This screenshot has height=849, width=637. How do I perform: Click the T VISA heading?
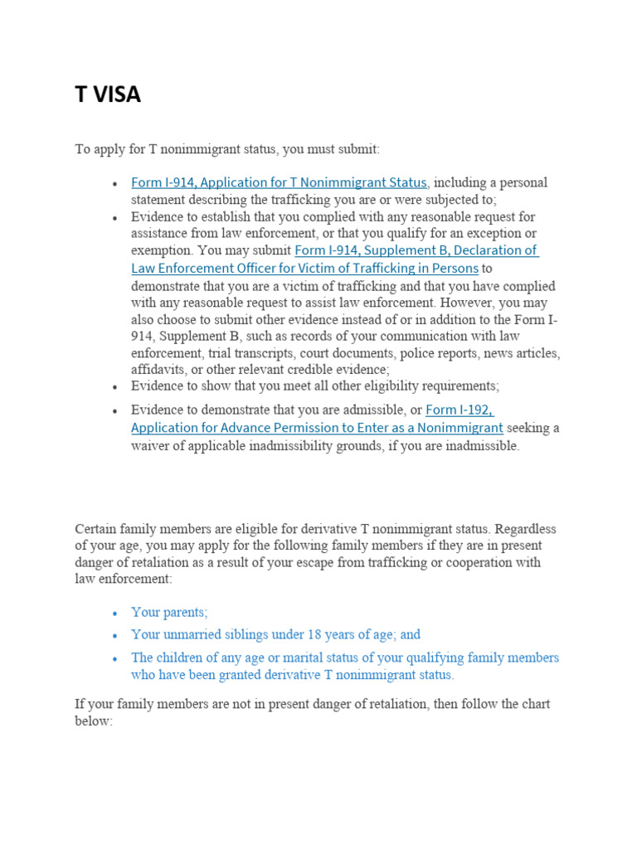108,95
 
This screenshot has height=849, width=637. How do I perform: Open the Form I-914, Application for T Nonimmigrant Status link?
279,182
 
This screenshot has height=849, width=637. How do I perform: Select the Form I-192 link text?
460,410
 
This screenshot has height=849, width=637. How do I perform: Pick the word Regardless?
526,529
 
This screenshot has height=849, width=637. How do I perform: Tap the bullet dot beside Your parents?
114,613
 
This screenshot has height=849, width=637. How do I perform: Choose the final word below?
93,720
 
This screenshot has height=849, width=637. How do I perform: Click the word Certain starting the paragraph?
96,529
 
